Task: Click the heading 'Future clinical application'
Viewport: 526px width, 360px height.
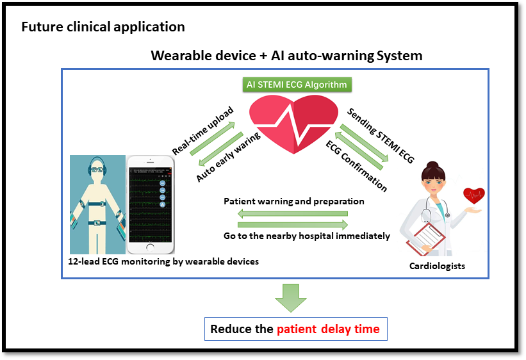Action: [x=103, y=27]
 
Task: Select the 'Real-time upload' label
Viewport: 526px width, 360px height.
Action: [x=202, y=130]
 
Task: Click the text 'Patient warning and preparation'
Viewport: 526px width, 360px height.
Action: [x=294, y=201]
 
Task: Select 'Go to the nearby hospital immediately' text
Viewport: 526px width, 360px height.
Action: [x=307, y=236]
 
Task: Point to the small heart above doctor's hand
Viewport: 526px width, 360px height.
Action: [x=475, y=195]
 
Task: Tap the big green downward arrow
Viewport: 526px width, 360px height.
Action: [x=291, y=297]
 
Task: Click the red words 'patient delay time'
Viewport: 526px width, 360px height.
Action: [x=328, y=330]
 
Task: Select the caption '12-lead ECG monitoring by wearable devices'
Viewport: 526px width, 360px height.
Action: [x=163, y=261]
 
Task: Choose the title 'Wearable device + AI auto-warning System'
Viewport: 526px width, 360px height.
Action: [x=286, y=56]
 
